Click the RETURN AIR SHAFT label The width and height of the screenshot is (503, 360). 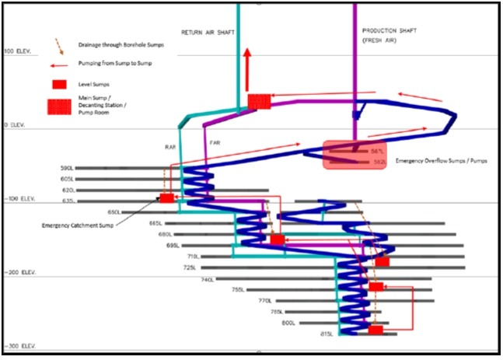coord(208,32)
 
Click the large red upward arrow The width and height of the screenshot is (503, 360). coord(246,68)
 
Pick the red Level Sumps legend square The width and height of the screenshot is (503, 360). coord(58,83)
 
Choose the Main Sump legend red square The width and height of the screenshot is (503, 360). coord(58,107)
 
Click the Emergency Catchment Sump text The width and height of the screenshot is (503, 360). coord(79,225)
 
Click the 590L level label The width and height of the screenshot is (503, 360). coord(68,168)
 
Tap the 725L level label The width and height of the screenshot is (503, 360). coord(189,267)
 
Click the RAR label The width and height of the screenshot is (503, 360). coord(170,146)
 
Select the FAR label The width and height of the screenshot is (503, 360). coord(215,143)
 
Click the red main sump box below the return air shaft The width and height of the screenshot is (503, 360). coord(259,101)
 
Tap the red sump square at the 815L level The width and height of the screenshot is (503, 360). coord(376,331)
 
